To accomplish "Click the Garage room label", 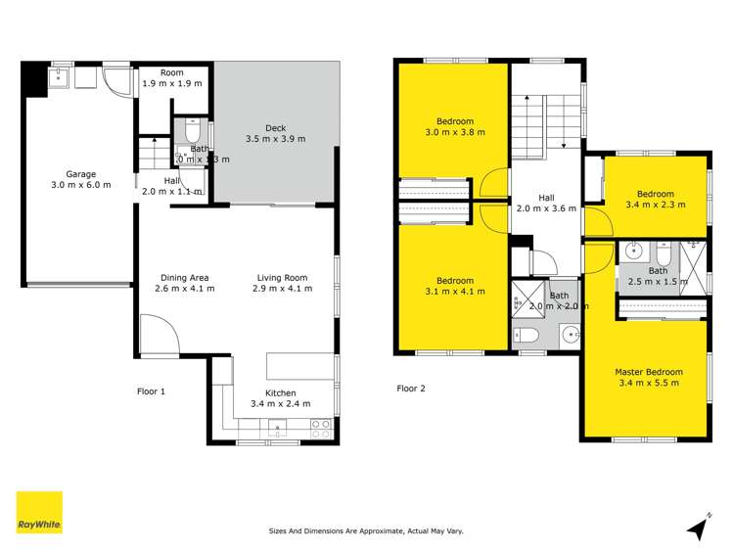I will click(81, 174).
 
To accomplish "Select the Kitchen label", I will click(280, 392).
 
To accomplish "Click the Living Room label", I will click(282, 277).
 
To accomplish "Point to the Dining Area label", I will click(186, 277).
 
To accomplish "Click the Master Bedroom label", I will click(649, 372).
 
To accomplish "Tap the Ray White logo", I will click(39, 513).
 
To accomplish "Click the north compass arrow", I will click(699, 528).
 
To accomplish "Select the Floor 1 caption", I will click(151, 391).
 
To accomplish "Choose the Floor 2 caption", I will click(411, 389).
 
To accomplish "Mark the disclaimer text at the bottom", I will click(366, 531).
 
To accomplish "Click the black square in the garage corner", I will click(35, 79).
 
